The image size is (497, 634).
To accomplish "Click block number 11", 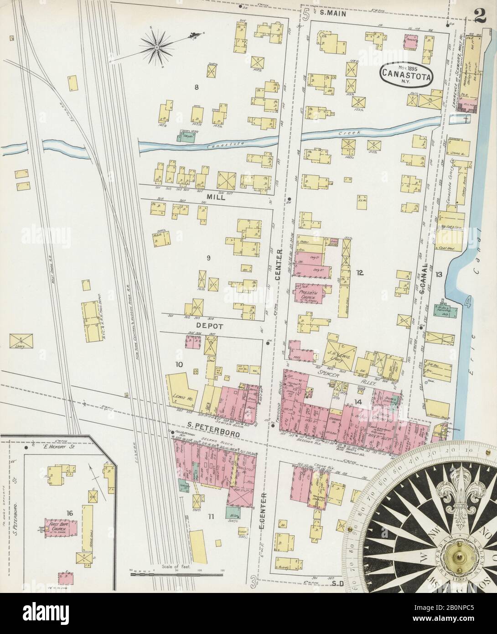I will (210, 516).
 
